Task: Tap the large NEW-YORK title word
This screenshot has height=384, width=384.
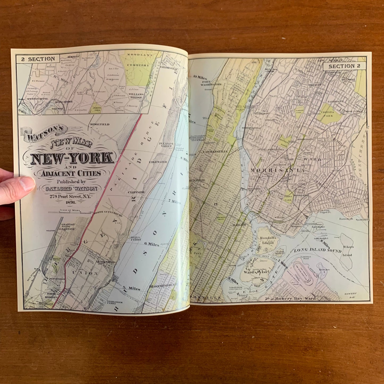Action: coord(72,158)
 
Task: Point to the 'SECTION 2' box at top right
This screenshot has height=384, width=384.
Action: coord(344,66)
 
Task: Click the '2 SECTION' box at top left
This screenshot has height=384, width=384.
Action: coord(38,59)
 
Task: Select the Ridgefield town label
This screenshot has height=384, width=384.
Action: coord(100,124)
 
